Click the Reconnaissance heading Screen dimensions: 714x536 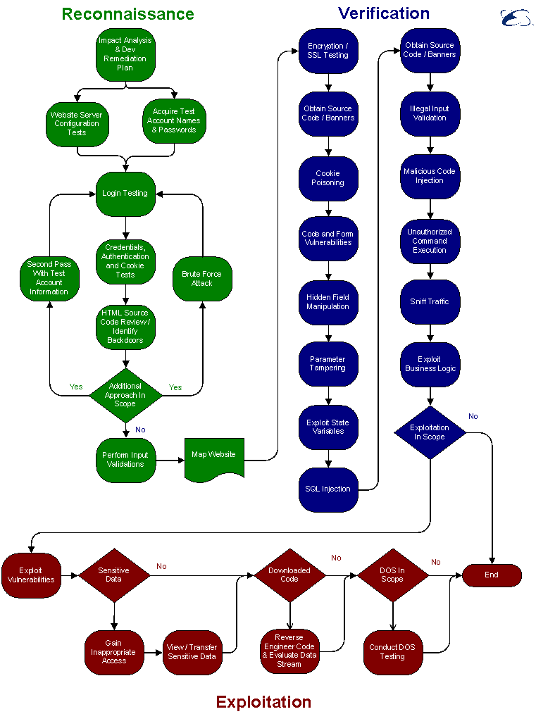click(x=127, y=14)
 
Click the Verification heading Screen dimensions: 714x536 click(x=384, y=13)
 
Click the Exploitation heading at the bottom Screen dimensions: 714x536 click(x=263, y=702)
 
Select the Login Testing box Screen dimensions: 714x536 click(x=125, y=194)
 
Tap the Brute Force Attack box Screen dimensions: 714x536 click(x=202, y=279)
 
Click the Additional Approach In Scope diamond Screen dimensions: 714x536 click(x=125, y=395)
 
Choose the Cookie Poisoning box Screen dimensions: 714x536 click(x=328, y=178)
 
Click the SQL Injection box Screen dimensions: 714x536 click(x=328, y=489)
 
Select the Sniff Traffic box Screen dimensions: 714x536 click(x=430, y=302)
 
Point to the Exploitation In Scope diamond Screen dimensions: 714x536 click(x=430, y=432)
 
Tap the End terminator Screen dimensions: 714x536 click(x=492, y=575)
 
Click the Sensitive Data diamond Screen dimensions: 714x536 click(x=114, y=575)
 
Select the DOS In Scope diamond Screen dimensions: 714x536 click(x=392, y=575)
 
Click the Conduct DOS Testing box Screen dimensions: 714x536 click(x=392, y=652)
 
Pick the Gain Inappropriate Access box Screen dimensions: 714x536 click(x=114, y=652)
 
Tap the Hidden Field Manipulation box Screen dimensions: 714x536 click(x=328, y=303)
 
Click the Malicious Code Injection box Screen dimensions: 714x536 click(x=430, y=176)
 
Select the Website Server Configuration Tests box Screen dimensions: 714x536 click(x=77, y=124)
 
